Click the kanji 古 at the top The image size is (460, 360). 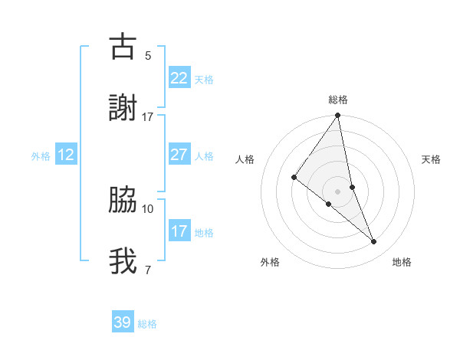pos(123,47)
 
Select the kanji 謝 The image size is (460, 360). pos(123,109)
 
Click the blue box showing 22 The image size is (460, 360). pos(179,78)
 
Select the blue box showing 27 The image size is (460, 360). pos(179,155)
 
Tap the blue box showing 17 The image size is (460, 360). pos(179,231)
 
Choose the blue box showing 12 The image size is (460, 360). pos(66,155)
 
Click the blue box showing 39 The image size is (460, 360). pos(123,322)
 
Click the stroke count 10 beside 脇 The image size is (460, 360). pos(148,208)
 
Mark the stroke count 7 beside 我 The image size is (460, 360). pos(148,270)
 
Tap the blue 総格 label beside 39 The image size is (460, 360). pos(147,324)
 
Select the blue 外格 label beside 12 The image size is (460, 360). pos(41,156)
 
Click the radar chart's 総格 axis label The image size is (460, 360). pos(338,100)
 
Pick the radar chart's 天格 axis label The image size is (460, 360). pos(431,159)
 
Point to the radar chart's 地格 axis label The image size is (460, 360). pos(402,262)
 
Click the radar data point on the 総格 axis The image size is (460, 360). pos(338,116)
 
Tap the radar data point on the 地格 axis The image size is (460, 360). pos(374,241)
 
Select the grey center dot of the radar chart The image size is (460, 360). pos(338,191)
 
